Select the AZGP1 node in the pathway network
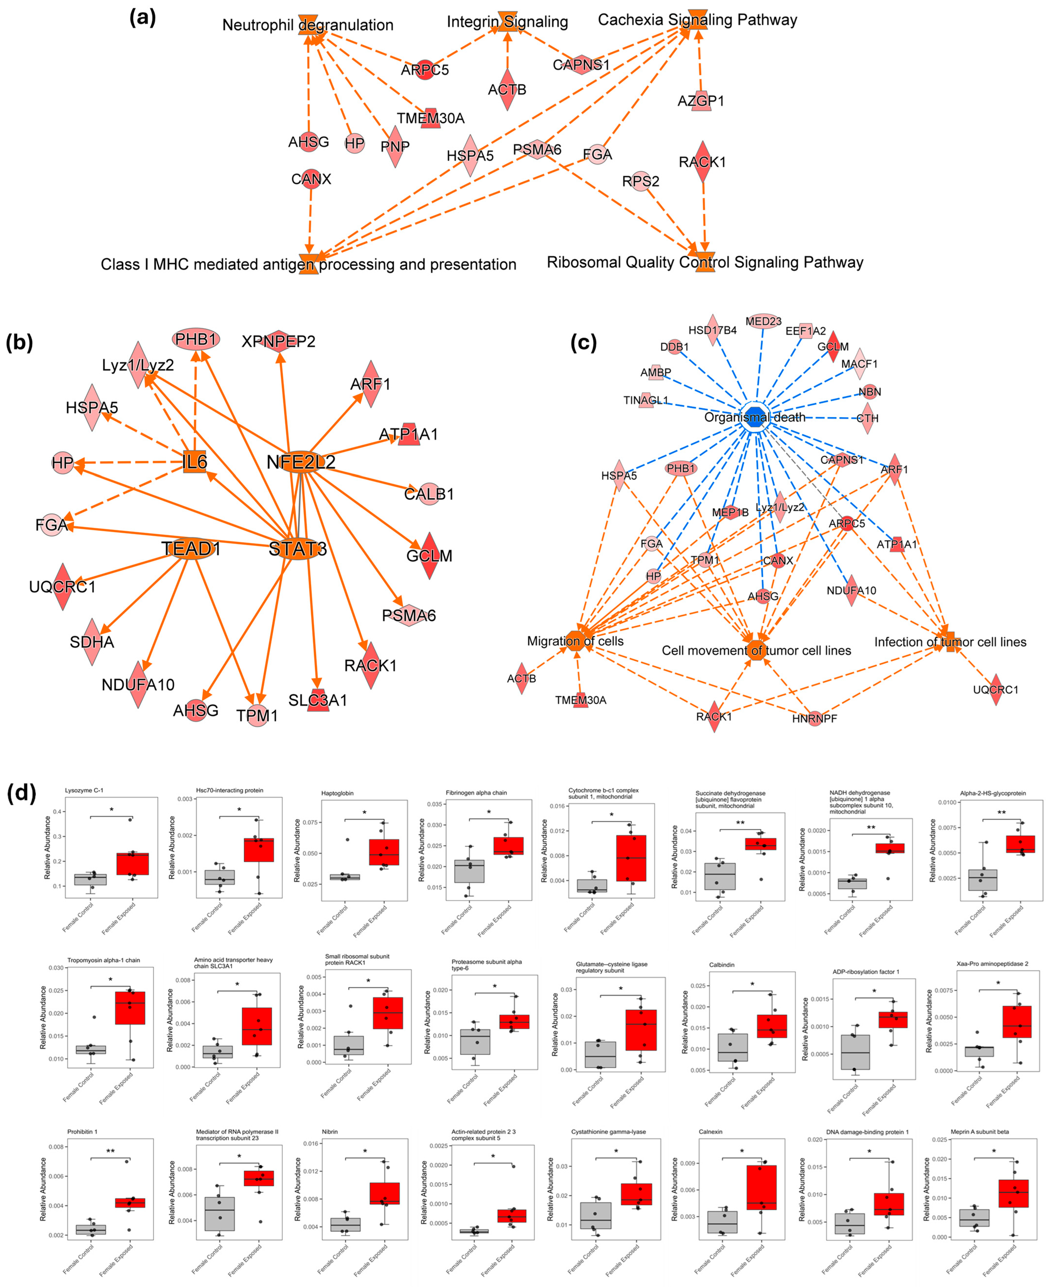coord(700,100)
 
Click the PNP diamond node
coord(395,146)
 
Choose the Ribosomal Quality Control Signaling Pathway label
coord(705,262)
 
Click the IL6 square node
coord(195,463)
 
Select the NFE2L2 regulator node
coord(301,463)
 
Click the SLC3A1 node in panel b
coord(317,700)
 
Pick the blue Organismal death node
coord(755,417)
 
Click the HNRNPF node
coord(815,718)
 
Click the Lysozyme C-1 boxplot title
coord(84,790)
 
